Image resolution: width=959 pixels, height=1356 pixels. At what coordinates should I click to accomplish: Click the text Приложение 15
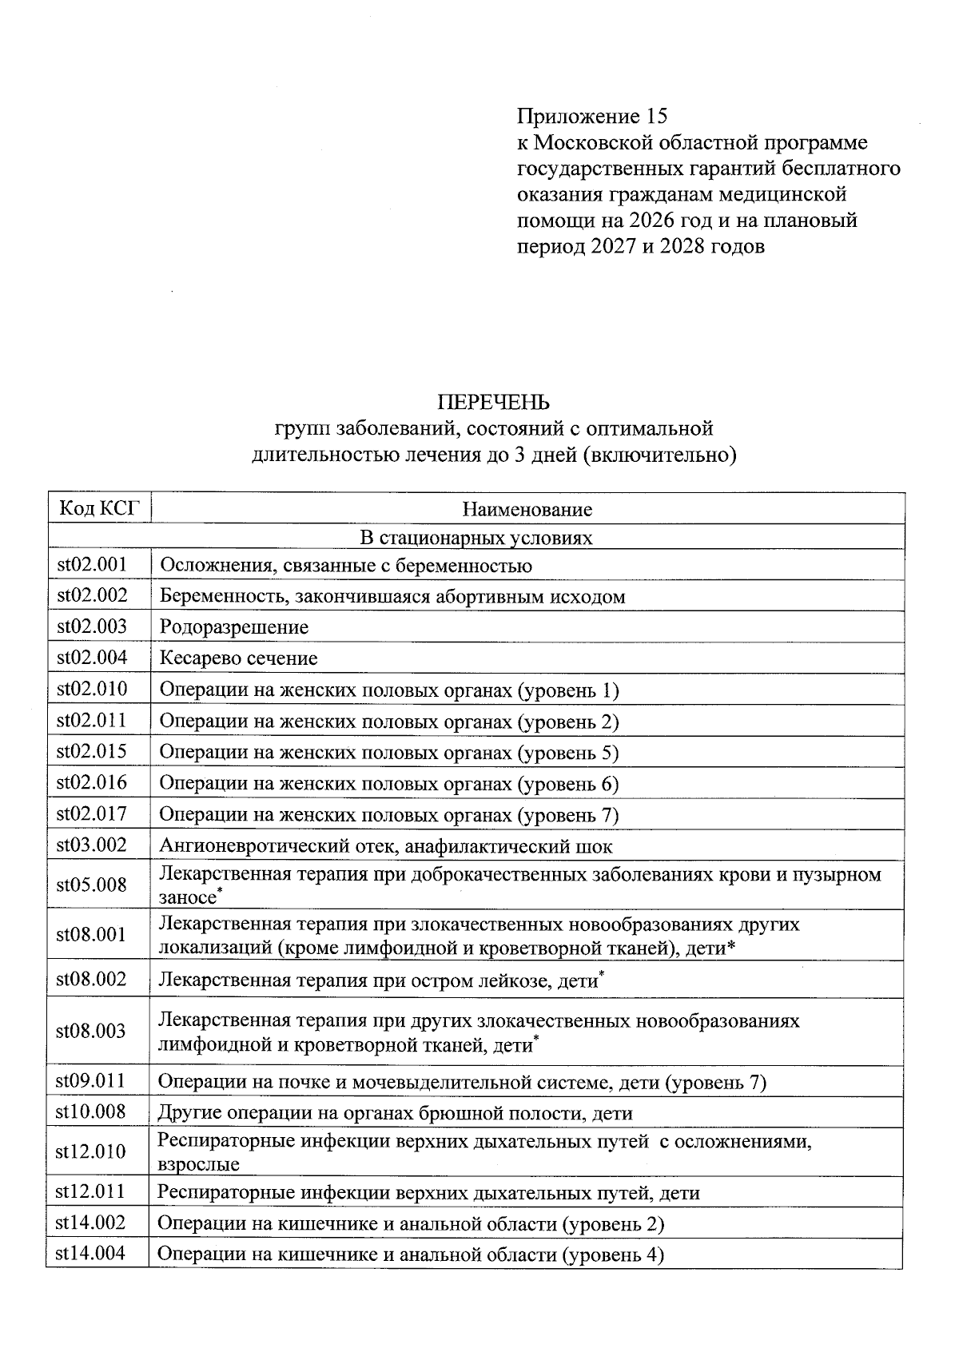(x=591, y=117)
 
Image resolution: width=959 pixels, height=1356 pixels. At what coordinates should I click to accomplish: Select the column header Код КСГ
(x=98, y=508)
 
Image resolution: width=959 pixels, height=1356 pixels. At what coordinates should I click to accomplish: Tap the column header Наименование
(x=527, y=509)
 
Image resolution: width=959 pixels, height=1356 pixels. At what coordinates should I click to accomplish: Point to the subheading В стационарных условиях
(x=476, y=537)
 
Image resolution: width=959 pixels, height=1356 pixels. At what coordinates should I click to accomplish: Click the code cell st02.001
(x=92, y=565)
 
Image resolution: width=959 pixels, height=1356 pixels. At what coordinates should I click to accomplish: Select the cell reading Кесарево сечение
(x=238, y=658)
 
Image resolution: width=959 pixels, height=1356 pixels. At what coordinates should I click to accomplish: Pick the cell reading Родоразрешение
(x=234, y=627)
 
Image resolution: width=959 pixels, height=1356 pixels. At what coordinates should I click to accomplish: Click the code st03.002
(x=92, y=845)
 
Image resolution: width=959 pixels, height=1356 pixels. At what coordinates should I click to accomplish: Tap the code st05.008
(x=92, y=885)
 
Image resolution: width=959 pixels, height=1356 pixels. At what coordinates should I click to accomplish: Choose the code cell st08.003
(x=92, y=1031)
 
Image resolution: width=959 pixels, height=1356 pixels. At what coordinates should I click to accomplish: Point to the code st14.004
(x=91, y=1253)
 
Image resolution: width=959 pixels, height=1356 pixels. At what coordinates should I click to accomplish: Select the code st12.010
(x=91, y=1151)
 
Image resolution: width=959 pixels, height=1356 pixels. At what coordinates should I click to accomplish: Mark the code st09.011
(x=91, y=1081)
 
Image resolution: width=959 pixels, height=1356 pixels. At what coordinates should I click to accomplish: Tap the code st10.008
(x=91, y=1111)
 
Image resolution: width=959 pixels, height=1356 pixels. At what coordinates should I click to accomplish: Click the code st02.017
(x=92, y=813)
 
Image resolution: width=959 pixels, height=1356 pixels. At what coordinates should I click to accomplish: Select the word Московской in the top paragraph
(x=591, y=143)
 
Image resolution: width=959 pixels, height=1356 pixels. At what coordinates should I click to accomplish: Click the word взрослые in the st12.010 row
(x=198, y=1163)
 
